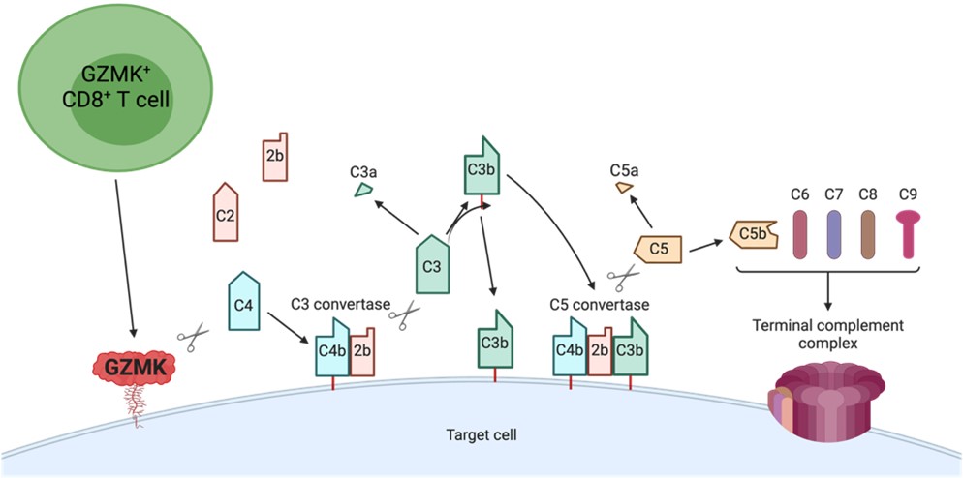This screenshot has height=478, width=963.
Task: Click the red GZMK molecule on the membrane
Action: point(134,366)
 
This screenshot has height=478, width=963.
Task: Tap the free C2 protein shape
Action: point(225,212)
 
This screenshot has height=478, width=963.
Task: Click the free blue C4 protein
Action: point(244,301)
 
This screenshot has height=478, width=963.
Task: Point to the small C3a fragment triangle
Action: point(363,191)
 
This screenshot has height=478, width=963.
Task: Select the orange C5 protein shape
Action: point(660,249)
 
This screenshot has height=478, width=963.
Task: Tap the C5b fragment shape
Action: point(752,234)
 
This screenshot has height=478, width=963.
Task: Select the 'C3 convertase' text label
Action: point(334,303)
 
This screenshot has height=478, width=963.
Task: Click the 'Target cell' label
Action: point(481,435)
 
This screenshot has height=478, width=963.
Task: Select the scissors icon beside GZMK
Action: point(194,339)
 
